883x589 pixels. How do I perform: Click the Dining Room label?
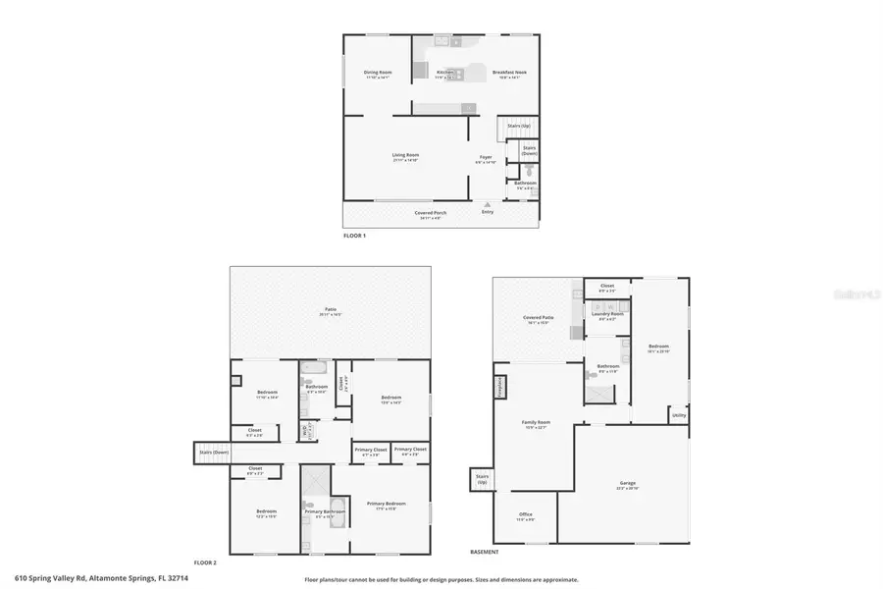[378, 72]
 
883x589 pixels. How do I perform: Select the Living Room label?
[405, 155]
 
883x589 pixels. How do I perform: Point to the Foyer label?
[485, 157]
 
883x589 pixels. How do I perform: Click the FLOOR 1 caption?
[354, 236]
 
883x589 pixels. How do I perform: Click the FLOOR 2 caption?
[204, 562]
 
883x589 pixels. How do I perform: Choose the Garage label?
[628, 484]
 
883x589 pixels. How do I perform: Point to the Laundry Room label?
[607, 314]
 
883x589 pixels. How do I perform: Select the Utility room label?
[679, 416]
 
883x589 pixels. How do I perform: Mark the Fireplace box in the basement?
[499, 384]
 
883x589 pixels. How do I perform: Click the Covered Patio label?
[539, 318]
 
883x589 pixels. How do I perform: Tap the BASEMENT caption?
[485, 552]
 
